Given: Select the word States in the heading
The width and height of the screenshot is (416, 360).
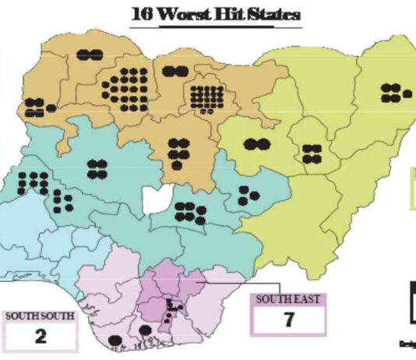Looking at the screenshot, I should (x=261, y=14).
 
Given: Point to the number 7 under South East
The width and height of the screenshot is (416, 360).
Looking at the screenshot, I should (x=287, y=319).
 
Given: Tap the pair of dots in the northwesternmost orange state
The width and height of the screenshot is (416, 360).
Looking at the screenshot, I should (x=90, y=54).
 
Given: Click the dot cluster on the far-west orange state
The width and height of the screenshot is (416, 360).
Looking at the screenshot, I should (x=33, y=108).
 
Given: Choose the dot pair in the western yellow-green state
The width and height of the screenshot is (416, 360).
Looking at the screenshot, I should (x=256, y=144).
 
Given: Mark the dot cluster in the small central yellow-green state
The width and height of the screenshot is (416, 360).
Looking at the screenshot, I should (x=312, y=154).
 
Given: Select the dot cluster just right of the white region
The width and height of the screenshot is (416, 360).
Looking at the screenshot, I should (x=189, y=211).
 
